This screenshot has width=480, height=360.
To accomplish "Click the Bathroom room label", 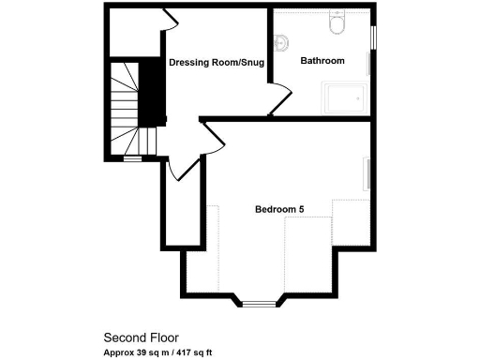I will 322,61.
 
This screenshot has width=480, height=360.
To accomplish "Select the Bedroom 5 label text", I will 279,209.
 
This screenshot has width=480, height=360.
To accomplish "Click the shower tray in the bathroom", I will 346,96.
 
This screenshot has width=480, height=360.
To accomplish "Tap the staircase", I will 126,108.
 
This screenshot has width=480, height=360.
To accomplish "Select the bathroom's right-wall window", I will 374,36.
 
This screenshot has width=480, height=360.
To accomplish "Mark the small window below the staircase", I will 132,159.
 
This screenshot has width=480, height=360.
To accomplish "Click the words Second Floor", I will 141,337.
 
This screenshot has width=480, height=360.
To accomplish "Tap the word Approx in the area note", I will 117,352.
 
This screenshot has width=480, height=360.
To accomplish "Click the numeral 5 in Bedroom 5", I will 301,209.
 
